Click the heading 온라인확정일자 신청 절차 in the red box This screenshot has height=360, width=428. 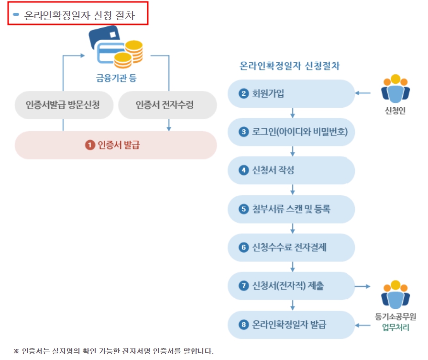79,15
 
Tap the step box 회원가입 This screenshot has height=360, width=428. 291,93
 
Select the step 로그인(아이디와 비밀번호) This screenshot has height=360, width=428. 291,132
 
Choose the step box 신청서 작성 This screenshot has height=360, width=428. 291,170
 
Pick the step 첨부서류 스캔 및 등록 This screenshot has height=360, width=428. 291,209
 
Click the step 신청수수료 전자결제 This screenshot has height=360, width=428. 291,247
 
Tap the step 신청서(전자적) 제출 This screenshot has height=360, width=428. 291,286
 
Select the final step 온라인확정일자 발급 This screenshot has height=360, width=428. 291,325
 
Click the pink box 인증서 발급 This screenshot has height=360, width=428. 116,145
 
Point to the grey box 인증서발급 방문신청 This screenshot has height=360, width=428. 63,104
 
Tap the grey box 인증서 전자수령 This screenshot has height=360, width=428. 167,104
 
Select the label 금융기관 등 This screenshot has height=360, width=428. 115,78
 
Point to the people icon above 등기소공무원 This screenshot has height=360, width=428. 395,293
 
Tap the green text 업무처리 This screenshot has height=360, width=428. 395,328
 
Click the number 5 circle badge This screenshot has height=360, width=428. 244,209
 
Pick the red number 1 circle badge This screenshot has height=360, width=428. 89,145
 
